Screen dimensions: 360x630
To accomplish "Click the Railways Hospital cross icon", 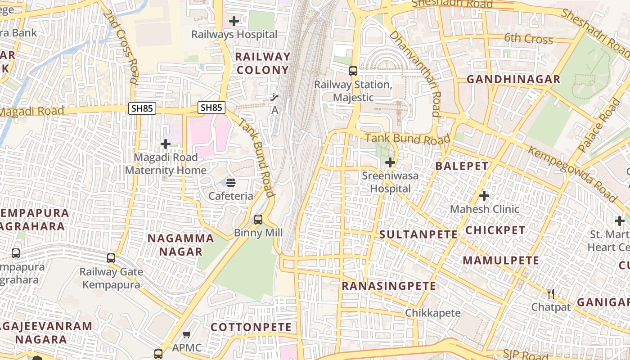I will pos(234,21).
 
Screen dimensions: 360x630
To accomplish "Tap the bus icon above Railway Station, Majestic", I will pos(353,71).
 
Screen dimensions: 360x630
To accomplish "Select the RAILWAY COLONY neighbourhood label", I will pos(263,63).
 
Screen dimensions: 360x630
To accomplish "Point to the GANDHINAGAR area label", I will pos(513,80).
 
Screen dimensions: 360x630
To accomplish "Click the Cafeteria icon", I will pos(231,182).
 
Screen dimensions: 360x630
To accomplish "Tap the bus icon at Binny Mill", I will pos(258,219).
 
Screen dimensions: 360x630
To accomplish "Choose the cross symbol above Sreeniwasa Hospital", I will pos(390,162).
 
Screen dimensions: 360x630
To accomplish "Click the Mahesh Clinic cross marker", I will pos(484,196).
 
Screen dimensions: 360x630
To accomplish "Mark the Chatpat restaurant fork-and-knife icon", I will pos(551,294).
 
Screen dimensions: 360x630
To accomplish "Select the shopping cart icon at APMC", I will pos(187,334).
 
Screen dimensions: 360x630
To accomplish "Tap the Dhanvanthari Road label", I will pos(415,73).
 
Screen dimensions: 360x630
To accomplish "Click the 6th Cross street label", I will pos(528,38).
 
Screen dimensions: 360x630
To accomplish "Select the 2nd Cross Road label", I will pos(120,47).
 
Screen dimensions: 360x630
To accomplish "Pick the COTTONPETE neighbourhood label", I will pos(251,327).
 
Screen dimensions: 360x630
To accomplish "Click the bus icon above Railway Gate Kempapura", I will pos(111,258).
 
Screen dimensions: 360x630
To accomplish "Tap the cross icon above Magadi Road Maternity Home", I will pos(166,144).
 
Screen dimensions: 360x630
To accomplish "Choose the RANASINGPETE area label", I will pos(389,286).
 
